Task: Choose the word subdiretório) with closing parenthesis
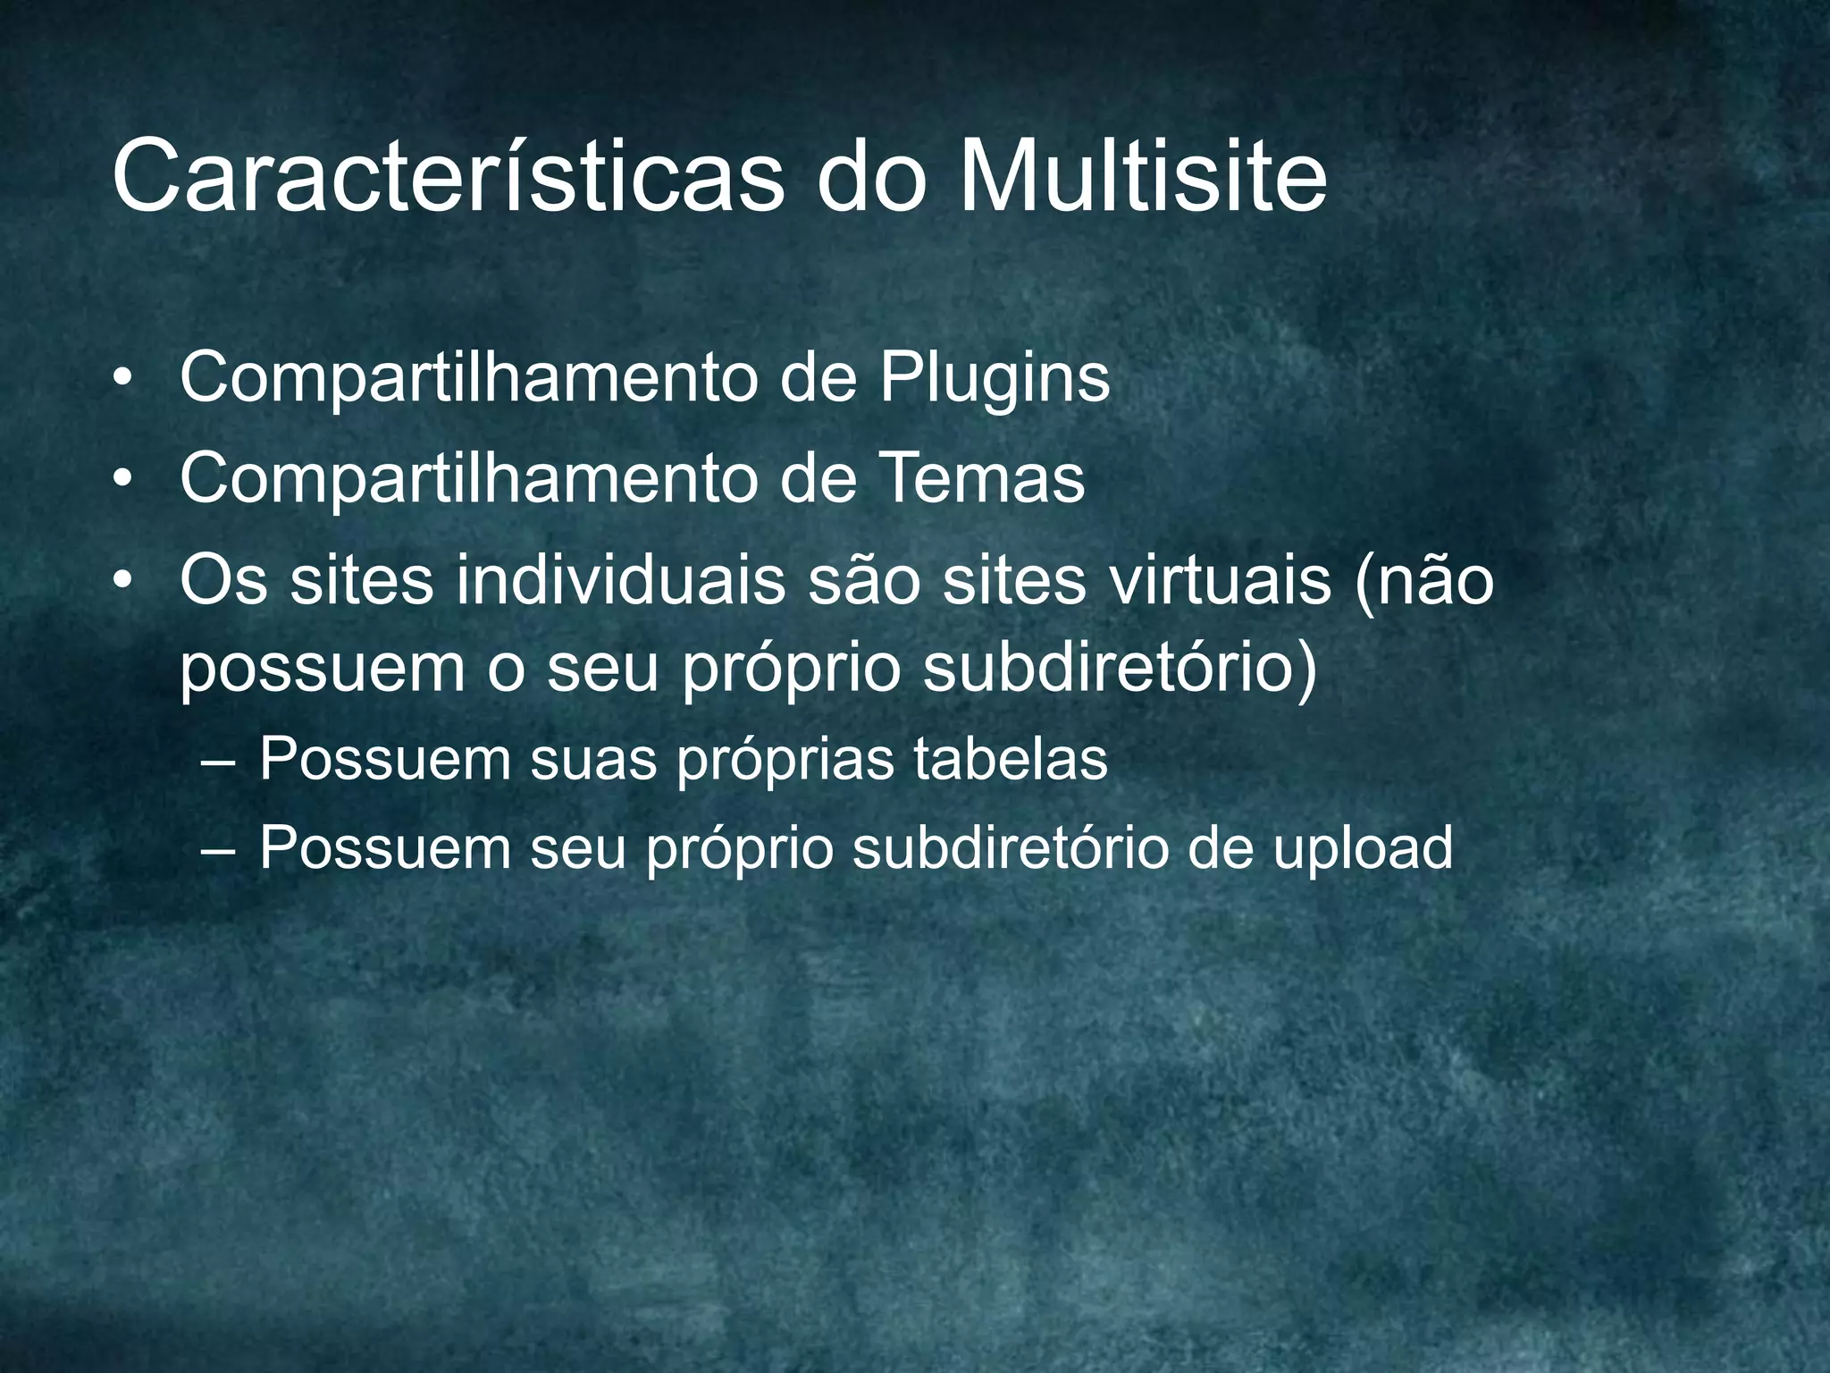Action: (1119, 670)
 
